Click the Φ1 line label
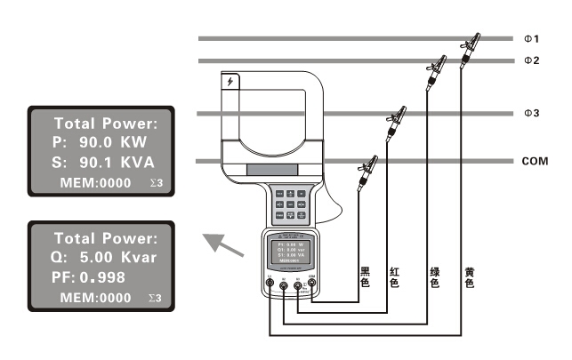(531, 39)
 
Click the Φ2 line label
(531, 60)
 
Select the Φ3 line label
(531, 114)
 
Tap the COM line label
(535, 162)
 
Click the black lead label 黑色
(365, 276)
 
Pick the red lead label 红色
(394, 276)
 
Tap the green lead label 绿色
(434, 276)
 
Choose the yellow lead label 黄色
(469, 276)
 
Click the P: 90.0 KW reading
(96, 142)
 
